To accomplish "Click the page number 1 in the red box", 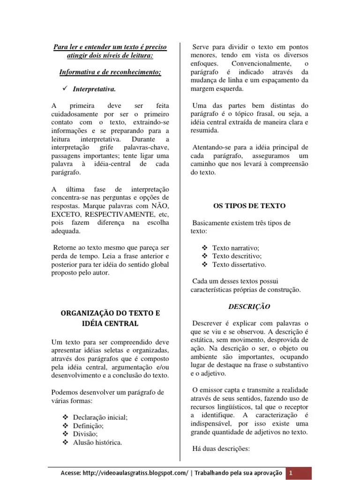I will pyautogui.click(x=291, y=473).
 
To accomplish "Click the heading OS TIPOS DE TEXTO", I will pyautogui.click(x=249, y=206).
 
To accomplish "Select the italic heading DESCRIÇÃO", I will pyautogui.click(x=249, y=306).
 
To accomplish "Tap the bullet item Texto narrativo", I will pyautogui.click(x=235, y=247).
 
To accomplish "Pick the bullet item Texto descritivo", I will pyautogui.click(x=237, y=256).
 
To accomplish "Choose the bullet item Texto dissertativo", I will pyautogui.click(x=239, y=264).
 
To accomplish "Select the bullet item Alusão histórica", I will pyautogui.click(x=97, y=442).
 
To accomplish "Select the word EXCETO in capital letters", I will pyautogui.click(x=66, y=214).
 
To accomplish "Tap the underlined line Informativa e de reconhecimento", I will pyautogui.click(x=110, y=73).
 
